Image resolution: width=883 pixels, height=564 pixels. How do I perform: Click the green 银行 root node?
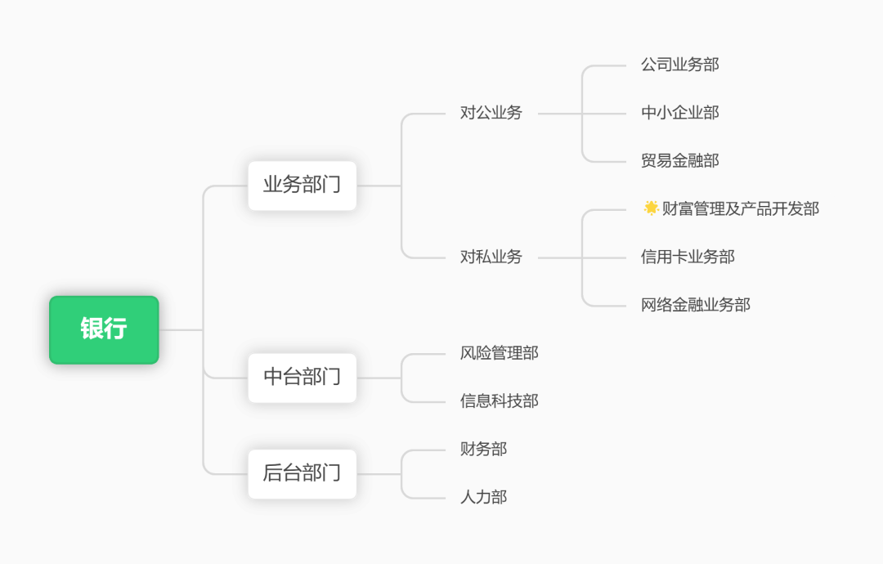pyautogui.click(x=104, y=329)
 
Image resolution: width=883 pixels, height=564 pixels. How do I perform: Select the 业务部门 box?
pyautogui.click(x=302, y=186)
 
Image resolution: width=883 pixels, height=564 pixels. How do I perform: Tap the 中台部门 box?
pyautogui.click(x=302, y=378)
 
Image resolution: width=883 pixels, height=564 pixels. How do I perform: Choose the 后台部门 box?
pyautogui.click(x=302, y=473)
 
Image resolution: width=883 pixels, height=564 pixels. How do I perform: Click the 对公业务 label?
pyautogui.click(x=491, y=113)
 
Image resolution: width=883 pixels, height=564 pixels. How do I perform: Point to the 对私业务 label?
pyautogui.click(x=491, y=257)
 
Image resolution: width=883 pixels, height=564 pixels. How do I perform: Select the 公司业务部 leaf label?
pyautogui.click(x=679, y=65)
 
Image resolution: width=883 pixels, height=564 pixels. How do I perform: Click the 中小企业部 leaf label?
pyautogui.click(x=679, y=113)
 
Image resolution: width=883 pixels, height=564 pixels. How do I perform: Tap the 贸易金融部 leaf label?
pyautogui.click(x=679, y=161)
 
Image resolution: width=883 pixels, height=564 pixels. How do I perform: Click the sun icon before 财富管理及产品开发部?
pyautogui.click(x=651, y=208)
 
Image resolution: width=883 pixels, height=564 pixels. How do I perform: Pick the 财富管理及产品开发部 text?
pyautogui.click(x=741, y=208)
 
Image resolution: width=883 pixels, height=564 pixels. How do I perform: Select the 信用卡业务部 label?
pyautogui.click(x=688, y=257)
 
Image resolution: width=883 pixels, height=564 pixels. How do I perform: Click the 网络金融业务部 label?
pyautogui.click(x=695, y=305)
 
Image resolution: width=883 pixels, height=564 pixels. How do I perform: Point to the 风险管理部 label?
pyautogui.click(x=499, y=353)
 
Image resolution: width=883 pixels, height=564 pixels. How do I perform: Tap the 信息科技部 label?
pyautogui.click(x=499, y=401)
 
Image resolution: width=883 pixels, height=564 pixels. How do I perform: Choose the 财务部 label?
pyautogui.click(x=483, y=449)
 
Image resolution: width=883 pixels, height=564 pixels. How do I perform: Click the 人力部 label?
pyautogui.click(x=483, y=497)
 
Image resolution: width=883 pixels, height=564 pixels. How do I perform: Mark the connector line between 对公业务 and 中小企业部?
pyautogui.click(x=605, y=114)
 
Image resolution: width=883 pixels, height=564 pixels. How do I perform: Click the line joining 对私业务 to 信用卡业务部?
pyautogui.click(x=605, y=257)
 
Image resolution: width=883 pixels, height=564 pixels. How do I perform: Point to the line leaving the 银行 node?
pyautogui.click(x=180, y=329)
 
